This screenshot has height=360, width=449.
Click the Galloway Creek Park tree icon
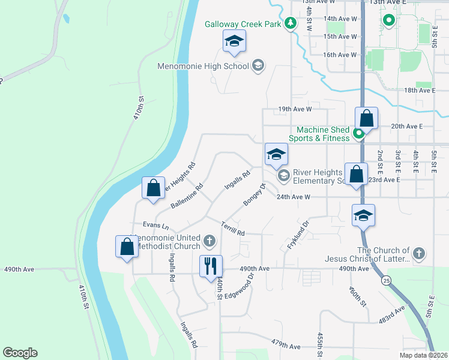pyautogui.click(x=291, y=24)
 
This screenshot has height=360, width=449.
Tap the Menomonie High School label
pyautogui.click(x=203, y=66)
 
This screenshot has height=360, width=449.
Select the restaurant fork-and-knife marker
pyautogui.click(x=210, y=265)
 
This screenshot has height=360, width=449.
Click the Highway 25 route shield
pyautogui.click(x=384, y=280)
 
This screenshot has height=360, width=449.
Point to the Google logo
pyautogui.click(x=20, y=353)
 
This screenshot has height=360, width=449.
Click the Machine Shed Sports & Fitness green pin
pyautogui.click(x=358, y=134)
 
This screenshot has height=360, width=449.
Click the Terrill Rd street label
pyautogui.click(x=233, y=229)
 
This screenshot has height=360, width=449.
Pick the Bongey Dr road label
pyautogui.click(x=254, y=195)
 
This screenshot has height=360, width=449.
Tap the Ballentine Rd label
pyautogui.click(x=187, y=196)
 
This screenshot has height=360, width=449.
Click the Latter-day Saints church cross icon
pyautogui.click(x=419, y=254)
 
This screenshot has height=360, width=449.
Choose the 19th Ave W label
pyautogui.click(x=295, y=109)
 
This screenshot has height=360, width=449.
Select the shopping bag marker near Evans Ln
pyautogui.click(x=127, y=247)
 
